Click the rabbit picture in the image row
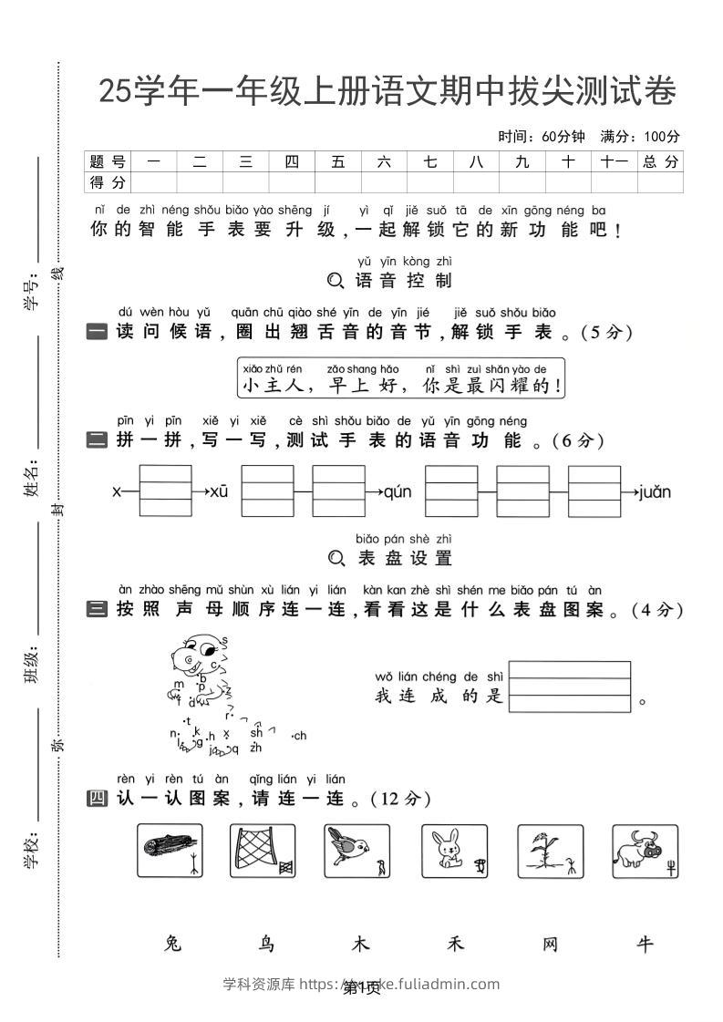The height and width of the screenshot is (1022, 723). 454,851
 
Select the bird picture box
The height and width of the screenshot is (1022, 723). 357,851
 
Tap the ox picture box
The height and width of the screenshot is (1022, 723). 645,851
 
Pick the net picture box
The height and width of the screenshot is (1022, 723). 263,851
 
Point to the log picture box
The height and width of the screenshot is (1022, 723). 170,851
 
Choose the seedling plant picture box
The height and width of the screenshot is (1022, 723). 550,851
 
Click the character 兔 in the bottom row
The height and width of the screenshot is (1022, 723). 171,945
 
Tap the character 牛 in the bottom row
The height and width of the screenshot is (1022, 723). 646,945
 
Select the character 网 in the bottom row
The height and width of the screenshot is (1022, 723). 551,945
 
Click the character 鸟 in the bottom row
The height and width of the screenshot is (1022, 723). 266,945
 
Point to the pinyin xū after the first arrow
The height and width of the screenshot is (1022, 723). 219,492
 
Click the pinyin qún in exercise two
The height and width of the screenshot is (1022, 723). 398,492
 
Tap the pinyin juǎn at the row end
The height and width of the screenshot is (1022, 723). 655,492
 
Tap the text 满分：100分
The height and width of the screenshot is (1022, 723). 640,137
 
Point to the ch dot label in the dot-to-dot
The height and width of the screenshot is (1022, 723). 299,736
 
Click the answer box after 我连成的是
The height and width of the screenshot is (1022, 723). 570,686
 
